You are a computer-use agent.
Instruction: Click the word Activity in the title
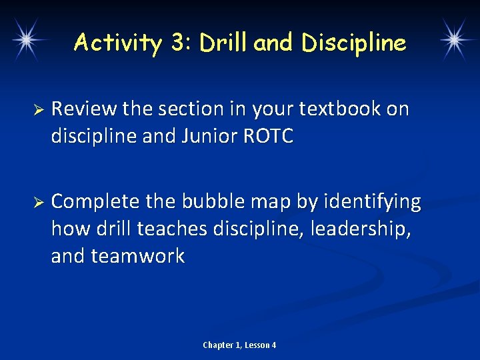[118, 43]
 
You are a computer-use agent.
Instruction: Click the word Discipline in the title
[353, 43]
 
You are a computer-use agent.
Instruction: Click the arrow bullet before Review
[38, 109]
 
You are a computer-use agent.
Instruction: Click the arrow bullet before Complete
[38, 202]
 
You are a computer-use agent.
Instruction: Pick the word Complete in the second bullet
[95, 201]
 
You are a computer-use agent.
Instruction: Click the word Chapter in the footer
[218, 345]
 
